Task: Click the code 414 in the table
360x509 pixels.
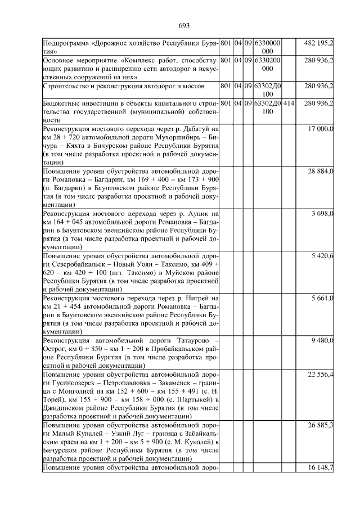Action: tap(288, 103)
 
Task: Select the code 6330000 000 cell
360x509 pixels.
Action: tap(267, 47)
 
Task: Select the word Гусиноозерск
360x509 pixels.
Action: tap(68, 382)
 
